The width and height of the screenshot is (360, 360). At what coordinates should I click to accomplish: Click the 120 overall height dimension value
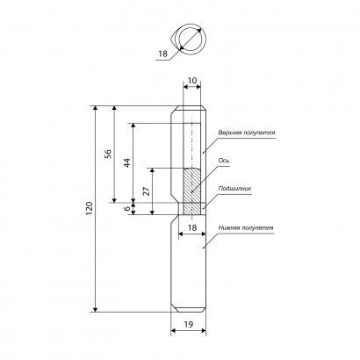pos(90,208)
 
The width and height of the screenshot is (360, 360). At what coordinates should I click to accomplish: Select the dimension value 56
pos(108,154)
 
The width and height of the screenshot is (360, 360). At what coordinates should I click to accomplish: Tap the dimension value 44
pos(126,162)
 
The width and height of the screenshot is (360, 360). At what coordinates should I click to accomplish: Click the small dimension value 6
pos(126,208)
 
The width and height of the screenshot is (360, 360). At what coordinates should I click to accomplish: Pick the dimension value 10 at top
pos(192,81)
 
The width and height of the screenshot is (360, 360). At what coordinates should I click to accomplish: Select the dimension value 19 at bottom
pos(189,324)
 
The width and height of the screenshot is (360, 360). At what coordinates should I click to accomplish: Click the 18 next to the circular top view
pos(162,54)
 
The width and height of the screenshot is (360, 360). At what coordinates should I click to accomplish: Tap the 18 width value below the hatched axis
pos(192,227)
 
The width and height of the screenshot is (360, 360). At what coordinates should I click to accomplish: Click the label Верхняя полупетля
pos(247,133)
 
